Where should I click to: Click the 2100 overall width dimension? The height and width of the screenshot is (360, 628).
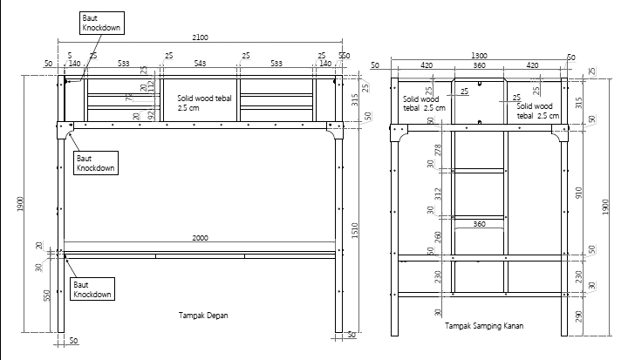pos(200,37)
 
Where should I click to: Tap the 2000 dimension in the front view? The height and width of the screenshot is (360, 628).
pos(200,237)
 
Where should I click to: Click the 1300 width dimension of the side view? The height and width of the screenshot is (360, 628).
pos(479,56)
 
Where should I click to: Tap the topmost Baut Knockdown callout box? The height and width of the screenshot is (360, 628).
pos(99,23)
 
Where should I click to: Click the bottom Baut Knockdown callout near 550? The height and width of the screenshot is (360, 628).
pos(92,289)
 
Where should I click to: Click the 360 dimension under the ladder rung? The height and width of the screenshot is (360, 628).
pos(479,225)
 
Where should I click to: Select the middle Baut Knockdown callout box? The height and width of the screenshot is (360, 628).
pos(96,162)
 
